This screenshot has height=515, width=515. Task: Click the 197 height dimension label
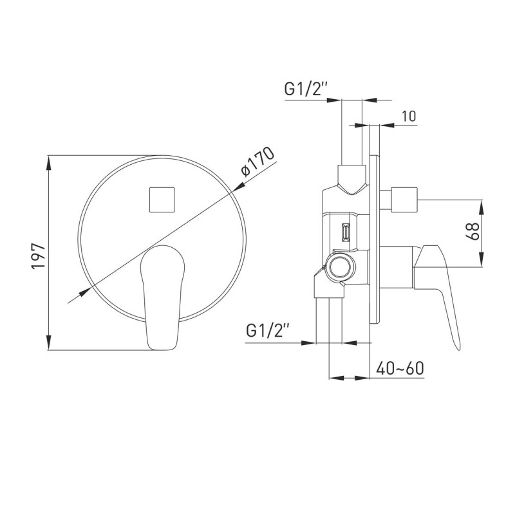point(38,256)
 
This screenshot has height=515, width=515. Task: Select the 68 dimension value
point(473,231)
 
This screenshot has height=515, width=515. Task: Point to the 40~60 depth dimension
point(400,368)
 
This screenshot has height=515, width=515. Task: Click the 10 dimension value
point(409,116)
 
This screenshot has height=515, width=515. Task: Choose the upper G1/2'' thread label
point(306,89)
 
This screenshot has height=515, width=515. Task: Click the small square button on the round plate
point(162,200)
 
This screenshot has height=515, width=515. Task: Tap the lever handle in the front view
point(162,297)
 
